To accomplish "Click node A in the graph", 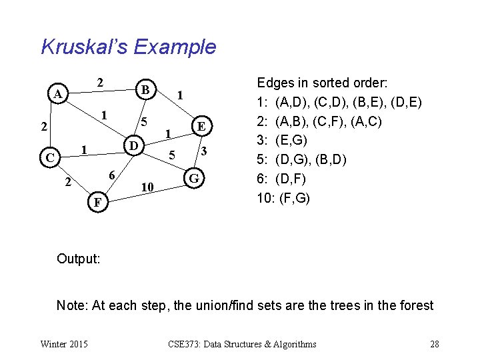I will tap(59, 94).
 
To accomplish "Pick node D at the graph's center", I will tap(134, 145).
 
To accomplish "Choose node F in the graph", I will tap(97, 201).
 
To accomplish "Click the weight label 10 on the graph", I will tap(148, 189).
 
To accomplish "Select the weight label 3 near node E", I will tap(205, 152).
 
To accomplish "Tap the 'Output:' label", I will tap(79, 258).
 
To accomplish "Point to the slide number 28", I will tap(434, 345).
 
